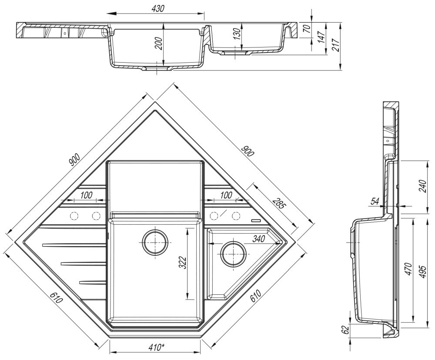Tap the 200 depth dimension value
tap(159, 43)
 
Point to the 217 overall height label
tap(335, 44)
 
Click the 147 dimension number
tap(321, 37)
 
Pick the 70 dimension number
tap(307, 29)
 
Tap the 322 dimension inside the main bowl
tap(182, 262)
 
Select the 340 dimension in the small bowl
tap(258, 239)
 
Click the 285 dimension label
tap(278, 203)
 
